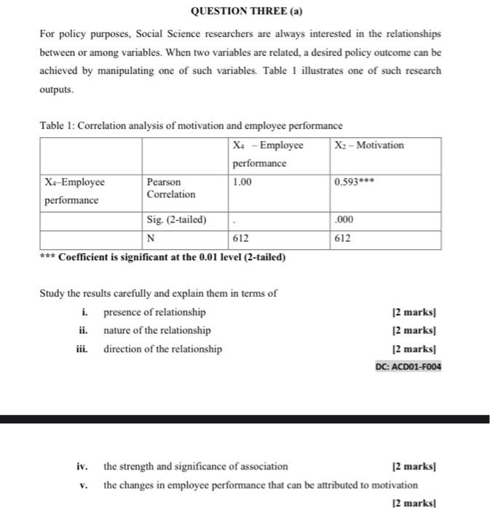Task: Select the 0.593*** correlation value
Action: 355,182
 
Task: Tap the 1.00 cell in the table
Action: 242,182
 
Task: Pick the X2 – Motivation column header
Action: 369,145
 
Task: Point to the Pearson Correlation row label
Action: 171,188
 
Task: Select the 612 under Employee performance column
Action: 241,239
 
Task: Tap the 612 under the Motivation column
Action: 343,239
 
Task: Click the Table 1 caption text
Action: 191,125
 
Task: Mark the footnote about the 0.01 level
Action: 163,257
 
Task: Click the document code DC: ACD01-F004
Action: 408,366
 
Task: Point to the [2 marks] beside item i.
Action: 414,313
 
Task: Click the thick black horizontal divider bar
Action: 245,419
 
